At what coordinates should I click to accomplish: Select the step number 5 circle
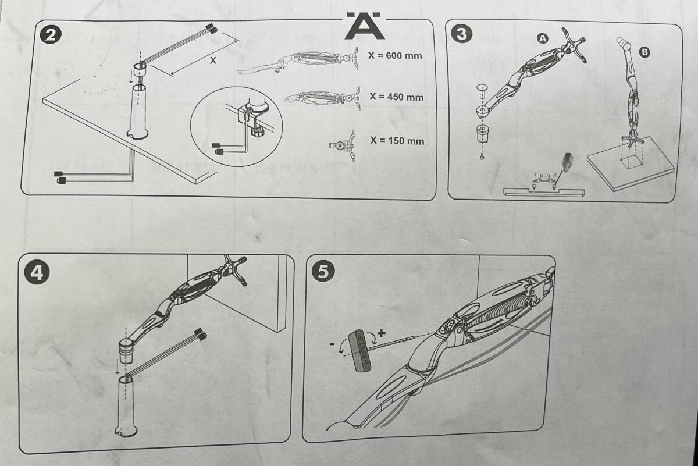point(322,272)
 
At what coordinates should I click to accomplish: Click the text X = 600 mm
point(395,56)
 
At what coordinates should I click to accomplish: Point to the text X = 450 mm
point(396,97)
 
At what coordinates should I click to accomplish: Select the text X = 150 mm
point(397,141)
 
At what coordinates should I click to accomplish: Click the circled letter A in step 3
point(542,38)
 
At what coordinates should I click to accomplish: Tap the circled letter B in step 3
point(644,52)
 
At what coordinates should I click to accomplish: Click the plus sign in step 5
point(382,333)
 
